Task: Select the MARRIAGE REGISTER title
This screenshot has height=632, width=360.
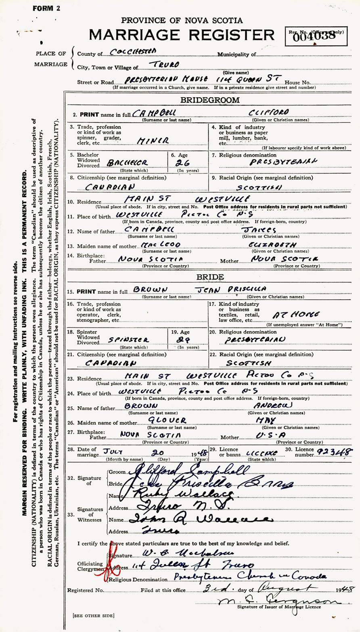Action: [182, 35]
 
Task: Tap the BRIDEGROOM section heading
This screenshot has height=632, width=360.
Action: [222, 100]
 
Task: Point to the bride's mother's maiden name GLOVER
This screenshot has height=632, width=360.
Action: [167, 420]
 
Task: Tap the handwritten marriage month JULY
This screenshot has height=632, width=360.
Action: [115, 451]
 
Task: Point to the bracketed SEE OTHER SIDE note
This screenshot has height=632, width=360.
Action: [93, 615]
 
